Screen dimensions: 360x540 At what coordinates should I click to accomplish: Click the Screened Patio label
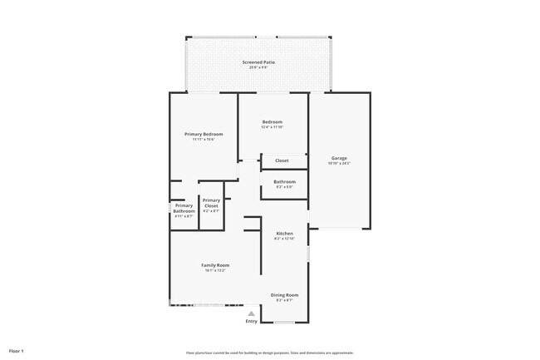click(x=258, y=62)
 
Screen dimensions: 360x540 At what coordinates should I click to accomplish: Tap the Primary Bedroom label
click(x=204, y=134)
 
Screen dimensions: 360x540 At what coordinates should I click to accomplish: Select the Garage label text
click(x=339, y=158)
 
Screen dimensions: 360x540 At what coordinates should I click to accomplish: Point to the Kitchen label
click(x=284, y=234)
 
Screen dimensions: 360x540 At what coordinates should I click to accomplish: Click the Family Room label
click(x=215, y=264)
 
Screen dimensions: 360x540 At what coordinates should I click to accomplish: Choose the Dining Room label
click(x=284, y=294)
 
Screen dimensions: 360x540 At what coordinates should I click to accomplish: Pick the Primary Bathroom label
click(x=184, y=208)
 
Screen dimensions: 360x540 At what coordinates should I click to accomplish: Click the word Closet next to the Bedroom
click(x=282, y=160)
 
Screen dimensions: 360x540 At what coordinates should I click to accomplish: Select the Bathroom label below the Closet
click(x=284, y=181)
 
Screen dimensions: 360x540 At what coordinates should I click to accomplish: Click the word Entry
click(x=251, y=322)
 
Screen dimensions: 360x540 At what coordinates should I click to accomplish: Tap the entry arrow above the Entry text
click(x=251, y=313)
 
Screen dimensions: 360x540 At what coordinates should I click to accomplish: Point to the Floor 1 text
click(x=17, y=351)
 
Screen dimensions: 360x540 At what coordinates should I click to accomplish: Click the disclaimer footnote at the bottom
click(x=270, y=353)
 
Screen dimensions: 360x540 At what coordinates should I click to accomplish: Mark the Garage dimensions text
click(x=339, y=164)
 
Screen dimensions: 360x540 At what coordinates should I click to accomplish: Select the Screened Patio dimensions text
click(x=258, y=68)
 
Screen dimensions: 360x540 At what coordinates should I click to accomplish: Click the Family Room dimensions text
click(x=215, y=270)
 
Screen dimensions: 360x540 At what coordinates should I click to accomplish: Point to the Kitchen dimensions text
click(x=284, y=239)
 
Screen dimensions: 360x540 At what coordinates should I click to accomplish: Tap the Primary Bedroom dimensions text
click(x=204, y=140)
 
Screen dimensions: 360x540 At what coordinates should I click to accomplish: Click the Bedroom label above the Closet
click(x=272, y=121)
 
